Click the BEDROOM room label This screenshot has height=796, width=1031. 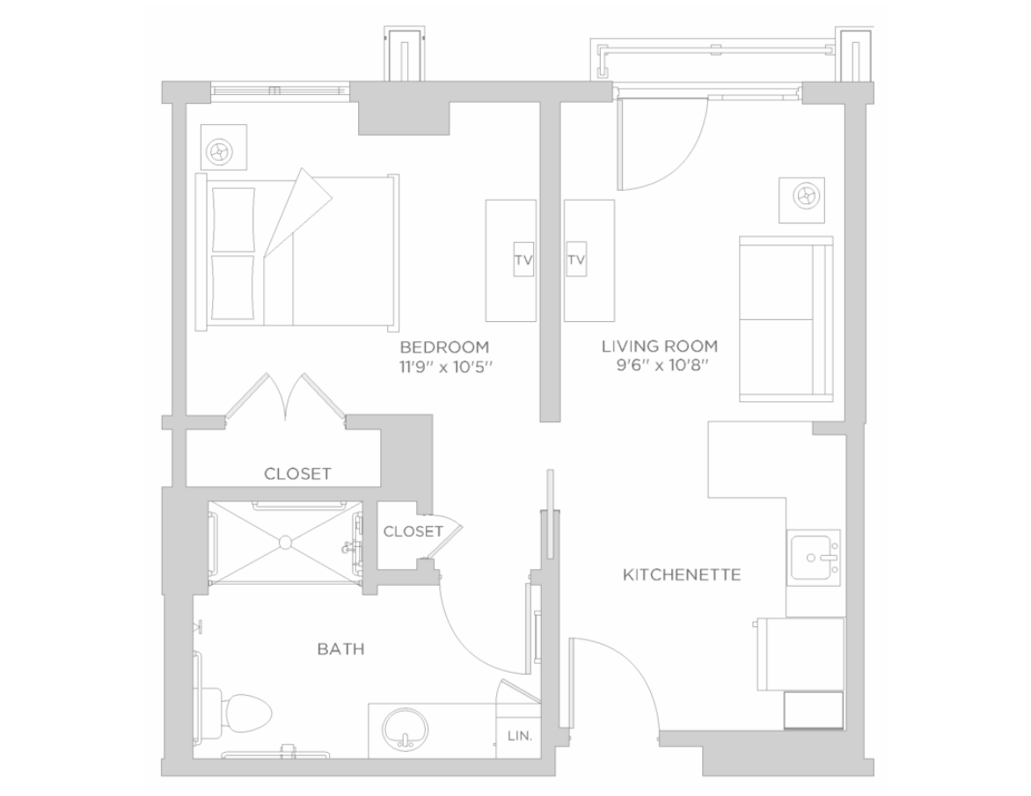tap(444, 347)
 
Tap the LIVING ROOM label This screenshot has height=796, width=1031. tap(660, 346)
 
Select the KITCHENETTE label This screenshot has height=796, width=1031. tap(682, 574)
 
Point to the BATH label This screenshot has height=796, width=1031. tap(340, 649)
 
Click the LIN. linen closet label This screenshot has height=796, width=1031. tap(519, 736)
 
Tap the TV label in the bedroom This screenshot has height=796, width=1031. tap(523, 259)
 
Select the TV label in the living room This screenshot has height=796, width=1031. tap(576, 259)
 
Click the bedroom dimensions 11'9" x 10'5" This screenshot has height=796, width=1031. tap(445, 367)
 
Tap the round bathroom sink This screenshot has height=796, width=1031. tap(406, 727)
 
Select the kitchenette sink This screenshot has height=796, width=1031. tap(814, 558)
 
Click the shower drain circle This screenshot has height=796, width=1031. tap(285, 543)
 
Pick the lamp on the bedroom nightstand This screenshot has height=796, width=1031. tap(219, 152)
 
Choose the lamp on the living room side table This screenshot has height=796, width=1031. tap(806, 195)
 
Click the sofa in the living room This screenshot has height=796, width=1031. tap(786, 318)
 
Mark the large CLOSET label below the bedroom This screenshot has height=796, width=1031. tap(297, 473)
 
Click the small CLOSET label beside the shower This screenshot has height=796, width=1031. tap(413, 531)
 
